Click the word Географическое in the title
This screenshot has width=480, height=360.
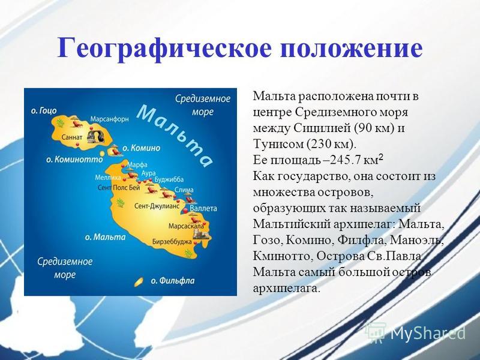click(x=164, y=49)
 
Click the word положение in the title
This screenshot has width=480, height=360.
click(x=352, y=48)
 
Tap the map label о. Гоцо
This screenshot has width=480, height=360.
click(x=44, y=110)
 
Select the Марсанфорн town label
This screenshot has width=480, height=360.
click(x=110, y=119)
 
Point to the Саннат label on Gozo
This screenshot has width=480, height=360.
click(x=71, y=137)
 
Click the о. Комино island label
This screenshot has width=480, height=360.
click(x=142, y=148)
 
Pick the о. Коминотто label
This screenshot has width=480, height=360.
click(x=74, y=160)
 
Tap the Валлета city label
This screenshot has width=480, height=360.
click(x=203, y=208)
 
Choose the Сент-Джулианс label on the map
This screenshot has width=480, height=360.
click(x=157, y=206)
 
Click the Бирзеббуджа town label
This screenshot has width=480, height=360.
click(x=172, y=242)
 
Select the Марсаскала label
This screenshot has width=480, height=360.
click(x=186, y=226)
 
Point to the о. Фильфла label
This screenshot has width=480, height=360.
click(x=173, y=281)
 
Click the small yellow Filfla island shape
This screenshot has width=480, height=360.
click(x=139, y=282)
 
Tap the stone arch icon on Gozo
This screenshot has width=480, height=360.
click(x=96, y=137)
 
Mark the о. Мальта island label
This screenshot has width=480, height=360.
click(x=106, y=237)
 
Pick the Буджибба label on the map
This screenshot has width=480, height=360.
click(x=169, y=179)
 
